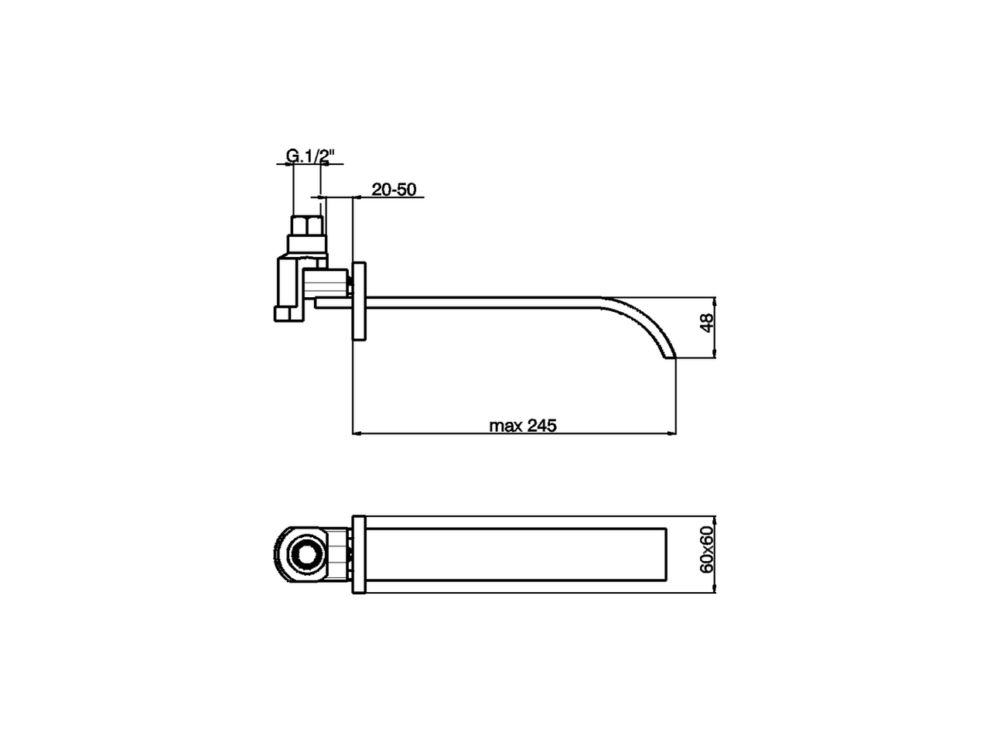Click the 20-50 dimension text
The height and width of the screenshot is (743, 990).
coord(394,190)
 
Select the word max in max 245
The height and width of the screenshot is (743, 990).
coord(507,425)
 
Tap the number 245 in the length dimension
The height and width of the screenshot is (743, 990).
coord(542,425)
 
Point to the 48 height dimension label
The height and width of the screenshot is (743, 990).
coord(705,324)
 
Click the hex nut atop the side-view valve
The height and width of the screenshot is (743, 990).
coord(307,226)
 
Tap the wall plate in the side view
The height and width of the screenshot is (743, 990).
coord(360,301)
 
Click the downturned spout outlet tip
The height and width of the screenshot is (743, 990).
coord(670,356)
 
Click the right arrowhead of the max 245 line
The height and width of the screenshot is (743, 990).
coord(674,433)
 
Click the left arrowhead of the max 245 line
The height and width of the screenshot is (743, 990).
coord(357,433)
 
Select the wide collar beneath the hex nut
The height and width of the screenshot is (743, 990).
coord(308,245)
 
